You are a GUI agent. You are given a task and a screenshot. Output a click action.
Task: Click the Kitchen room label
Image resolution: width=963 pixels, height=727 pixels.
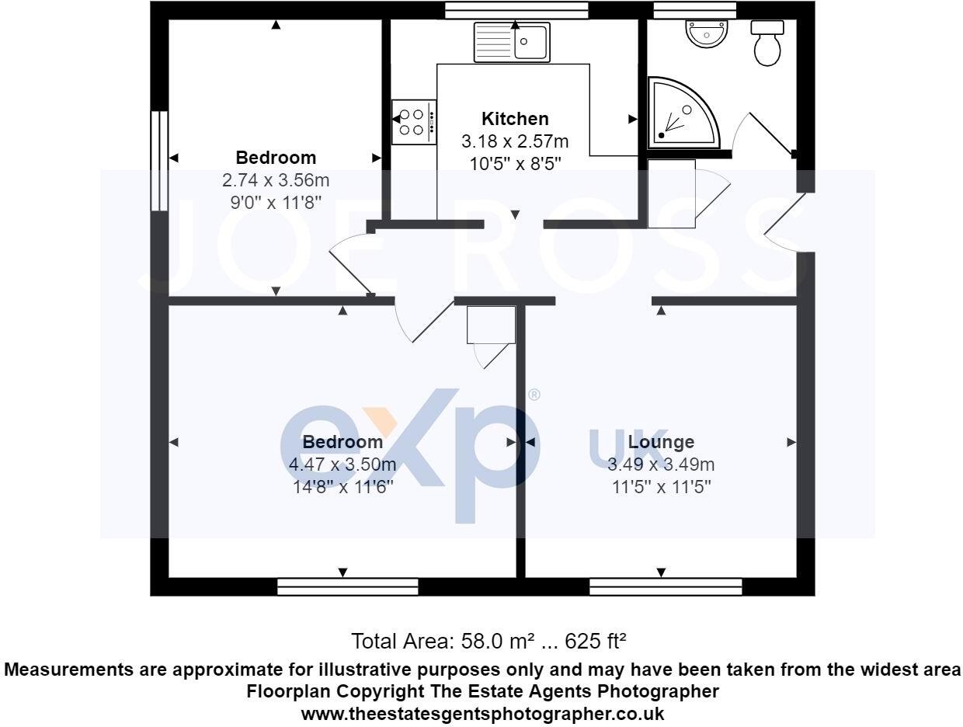515,119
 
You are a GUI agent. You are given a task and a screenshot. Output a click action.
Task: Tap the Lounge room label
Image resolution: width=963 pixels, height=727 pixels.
661,442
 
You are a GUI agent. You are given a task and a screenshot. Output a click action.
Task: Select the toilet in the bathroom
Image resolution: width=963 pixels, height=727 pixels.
767,43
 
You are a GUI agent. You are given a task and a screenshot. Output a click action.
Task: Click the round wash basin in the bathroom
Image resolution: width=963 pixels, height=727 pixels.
707,33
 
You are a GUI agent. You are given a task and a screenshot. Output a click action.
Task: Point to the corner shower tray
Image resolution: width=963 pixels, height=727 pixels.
684,113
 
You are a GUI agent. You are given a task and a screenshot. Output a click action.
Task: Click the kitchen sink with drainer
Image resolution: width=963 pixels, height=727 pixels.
512,42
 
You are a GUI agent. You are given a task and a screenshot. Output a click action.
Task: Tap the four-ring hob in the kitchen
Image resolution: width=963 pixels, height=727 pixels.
414,122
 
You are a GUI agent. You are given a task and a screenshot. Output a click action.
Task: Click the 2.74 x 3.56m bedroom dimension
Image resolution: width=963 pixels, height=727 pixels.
276,180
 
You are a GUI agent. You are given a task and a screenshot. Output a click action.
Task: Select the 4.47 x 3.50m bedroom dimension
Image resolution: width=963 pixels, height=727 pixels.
342,464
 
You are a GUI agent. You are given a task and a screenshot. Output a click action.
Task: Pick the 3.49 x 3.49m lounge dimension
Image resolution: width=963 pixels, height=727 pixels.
661,464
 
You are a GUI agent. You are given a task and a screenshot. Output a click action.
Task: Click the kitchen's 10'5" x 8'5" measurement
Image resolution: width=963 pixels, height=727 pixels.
515,164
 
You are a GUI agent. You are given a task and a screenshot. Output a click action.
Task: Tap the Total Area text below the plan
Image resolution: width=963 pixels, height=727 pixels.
488,642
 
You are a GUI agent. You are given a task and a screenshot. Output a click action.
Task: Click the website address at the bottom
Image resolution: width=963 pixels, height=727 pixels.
482,713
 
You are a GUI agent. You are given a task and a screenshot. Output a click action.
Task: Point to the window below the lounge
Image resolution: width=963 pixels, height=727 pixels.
666,586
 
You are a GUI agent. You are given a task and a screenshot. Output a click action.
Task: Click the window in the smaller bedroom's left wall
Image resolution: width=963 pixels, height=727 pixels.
159,161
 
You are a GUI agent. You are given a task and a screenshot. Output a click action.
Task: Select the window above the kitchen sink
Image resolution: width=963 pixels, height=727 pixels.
516,10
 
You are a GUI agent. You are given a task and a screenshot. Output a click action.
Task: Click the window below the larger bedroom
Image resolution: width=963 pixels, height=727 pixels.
347,586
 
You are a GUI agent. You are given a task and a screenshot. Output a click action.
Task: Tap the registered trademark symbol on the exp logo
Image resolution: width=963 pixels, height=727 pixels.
534,395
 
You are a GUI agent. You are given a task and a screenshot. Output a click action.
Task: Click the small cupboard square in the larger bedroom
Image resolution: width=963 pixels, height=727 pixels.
491,325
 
